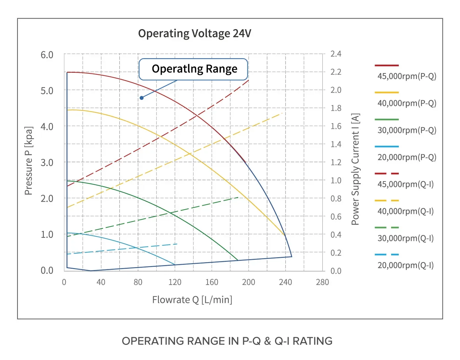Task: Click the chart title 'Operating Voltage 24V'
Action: click(195, 33)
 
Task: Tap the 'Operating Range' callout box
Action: click(193, 69)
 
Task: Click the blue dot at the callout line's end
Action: click(142, 98)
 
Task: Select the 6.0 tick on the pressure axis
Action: click(47, 55)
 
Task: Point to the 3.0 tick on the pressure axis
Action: click(47, 163)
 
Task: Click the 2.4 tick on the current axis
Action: click(336, 54)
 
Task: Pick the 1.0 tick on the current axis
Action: click(336, 180)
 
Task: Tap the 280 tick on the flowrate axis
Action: click(322, 282)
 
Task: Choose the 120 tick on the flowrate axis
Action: click(175, 282)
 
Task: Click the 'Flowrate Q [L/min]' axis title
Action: click(192, 300)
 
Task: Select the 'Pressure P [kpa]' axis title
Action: click(28, 161)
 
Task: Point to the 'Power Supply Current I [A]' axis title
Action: click(355, 169)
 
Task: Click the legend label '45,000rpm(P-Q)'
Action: click(407, 76)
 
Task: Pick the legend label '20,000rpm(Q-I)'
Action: click(406, 265)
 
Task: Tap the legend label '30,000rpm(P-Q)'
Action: click(407, 130)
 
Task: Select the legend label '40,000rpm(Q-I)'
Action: click(406, 211)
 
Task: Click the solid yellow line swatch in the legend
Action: click(387, 92)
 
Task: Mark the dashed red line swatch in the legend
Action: click(387, 173)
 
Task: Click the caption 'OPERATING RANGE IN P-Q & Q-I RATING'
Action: click(227, 341)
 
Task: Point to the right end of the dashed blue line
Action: click(177, 244)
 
